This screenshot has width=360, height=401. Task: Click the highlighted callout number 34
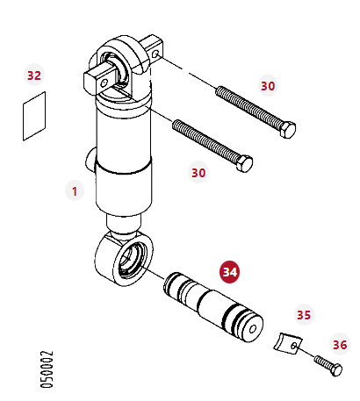click(229, 272)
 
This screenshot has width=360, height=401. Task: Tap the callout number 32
click(34, 75)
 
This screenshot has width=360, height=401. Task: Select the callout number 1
click(75, 191)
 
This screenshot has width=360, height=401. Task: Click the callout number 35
click(304, 315)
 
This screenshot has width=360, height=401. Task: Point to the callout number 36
click(340, 345)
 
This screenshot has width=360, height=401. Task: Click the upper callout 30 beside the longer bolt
click(268, 86)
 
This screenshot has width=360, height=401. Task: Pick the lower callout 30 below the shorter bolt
click(198, 173)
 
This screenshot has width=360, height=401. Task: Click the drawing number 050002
click(47, 369)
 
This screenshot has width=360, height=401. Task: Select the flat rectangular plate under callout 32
click(34, 116)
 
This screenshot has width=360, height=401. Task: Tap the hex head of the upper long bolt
click(287, 130)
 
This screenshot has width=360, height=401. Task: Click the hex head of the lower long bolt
click(244, 164)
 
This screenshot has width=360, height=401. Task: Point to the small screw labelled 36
click(328, 365)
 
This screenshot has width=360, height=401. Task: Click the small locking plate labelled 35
click(288, 343)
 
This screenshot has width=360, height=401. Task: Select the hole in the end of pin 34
click(253, 329)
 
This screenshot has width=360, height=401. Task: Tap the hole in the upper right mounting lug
click(156, 54)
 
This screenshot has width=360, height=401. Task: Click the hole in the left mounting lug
click(104, 83)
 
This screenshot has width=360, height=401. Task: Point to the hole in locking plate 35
click(294, 347)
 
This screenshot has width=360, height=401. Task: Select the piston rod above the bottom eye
click(124, 224)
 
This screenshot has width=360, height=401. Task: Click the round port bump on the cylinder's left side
click(90, 161)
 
